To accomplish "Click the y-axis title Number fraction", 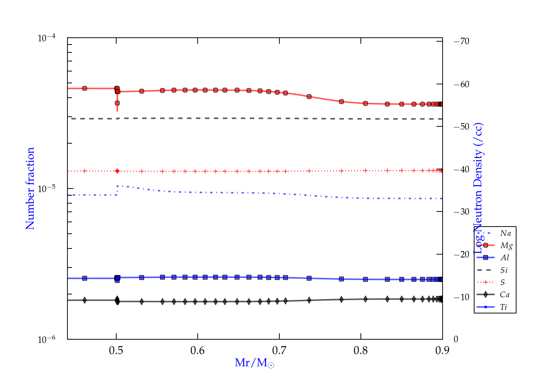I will coord(30,188).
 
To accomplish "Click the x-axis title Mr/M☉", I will coord(254,363).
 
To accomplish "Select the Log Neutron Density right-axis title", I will coord(478,188).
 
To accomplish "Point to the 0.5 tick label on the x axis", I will coord(116,350).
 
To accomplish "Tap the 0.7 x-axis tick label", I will coord(279,350).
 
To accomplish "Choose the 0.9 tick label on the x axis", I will coord(442,350).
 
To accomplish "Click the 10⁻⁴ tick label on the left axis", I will coord(47,38).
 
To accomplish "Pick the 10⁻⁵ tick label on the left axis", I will coord(47,188).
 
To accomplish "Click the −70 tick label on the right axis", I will coord(462,41).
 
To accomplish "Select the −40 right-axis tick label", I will coord(462,169).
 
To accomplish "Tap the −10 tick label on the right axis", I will coord(462,297).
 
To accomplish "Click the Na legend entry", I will coord(505,233).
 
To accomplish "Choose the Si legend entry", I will coord(504,270).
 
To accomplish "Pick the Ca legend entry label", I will coord(505,295).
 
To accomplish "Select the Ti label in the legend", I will coord(504,307).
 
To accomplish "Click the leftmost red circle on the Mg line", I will coord(85,88).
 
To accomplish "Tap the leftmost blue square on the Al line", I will coord(85,278).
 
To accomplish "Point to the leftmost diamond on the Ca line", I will coord(85,300).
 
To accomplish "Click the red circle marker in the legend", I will coord(486,245).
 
